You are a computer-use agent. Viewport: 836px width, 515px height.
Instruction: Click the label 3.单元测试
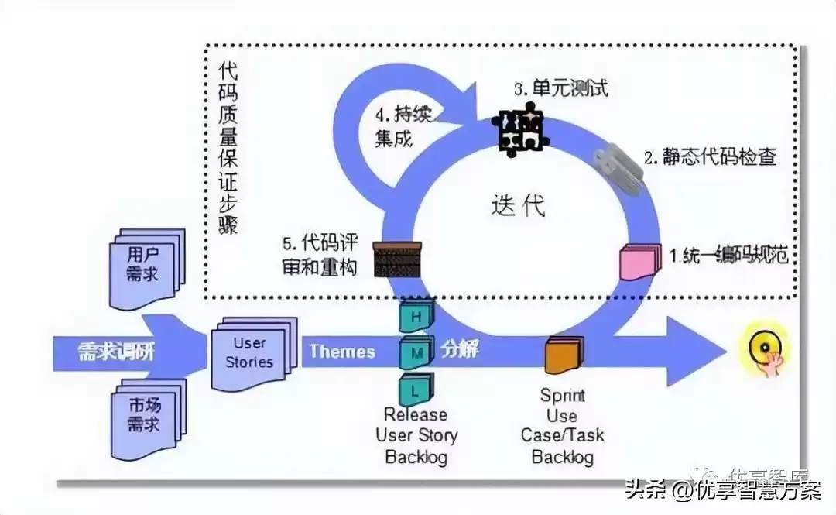pyautogui.click(x=560, y=88)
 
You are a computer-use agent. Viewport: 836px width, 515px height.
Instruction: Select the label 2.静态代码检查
pyautogui.click(x=709, y=157)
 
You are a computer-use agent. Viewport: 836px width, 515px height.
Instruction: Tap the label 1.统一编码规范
pyautogui.click(x=728, y=255)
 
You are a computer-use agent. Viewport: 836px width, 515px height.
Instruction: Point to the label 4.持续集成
pyautogui.click(x=403, y=127)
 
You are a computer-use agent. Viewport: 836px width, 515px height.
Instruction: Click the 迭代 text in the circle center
pyautogui.click(x=518, y=205)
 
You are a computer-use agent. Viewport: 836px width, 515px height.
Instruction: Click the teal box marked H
pyautogui.click(x=416, y=316)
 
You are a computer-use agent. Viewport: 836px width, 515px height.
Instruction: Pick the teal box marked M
pyautogui.click(x=416, y=352)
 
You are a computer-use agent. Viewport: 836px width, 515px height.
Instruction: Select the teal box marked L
pyautogui.click(x=416, y=389)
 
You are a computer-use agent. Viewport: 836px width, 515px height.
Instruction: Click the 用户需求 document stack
pyautogui.click(x=148, y=264)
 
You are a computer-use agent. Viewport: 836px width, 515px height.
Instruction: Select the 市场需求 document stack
pyautogui.click(x=148, y=416)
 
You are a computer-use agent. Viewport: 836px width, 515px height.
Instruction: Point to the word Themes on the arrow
pyautogui.click(x=342, y=352)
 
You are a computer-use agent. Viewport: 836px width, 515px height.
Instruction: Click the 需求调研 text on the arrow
pyautogui.click(x=116, y=352)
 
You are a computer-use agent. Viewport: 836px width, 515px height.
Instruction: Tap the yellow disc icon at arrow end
pyautogui.click(x=765, y=350)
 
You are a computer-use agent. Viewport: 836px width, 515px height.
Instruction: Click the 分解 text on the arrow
pyautogui.click(x=460, y=349)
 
